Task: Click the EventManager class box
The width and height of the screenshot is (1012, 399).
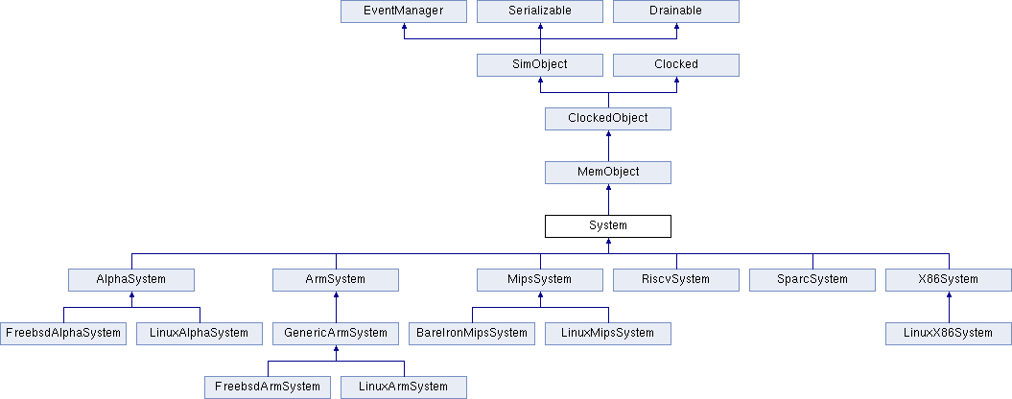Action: click(x=404, y=12)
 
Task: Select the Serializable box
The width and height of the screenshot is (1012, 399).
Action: click(x=540, y=12)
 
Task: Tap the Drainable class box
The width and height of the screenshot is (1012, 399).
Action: click(x=676, y=12)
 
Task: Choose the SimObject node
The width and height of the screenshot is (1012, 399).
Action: click(x=540, y=65)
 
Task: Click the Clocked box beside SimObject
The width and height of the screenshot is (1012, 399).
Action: click(x=676, y=65)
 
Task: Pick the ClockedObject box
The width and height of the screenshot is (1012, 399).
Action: click(x=608, y=119)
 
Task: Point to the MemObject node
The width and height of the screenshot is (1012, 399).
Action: click(x=608, y=173)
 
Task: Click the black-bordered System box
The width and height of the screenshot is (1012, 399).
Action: click(x=608, y=226)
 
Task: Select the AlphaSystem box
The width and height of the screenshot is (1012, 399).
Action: click(x=131, y=280)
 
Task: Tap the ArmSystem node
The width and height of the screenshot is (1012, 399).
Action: click(x=336, y=280)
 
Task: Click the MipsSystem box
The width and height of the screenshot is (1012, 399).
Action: click(x=540, y=280)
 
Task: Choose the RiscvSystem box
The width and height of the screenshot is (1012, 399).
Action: click(x=676, y=280)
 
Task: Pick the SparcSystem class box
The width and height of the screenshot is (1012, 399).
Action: click(x=812, y=280)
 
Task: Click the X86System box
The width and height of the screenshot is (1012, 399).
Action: click(x=949, y=280)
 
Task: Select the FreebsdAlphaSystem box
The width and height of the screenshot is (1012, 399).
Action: click(x=63, y=334)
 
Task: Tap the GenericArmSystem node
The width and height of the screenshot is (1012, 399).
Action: click(x=336, y=334)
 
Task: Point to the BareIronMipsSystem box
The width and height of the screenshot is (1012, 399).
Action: click(x=472, y=334)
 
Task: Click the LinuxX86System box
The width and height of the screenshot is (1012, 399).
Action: click(x=949, y=334)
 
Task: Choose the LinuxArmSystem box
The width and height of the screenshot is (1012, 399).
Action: click(x=404, y=387)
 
